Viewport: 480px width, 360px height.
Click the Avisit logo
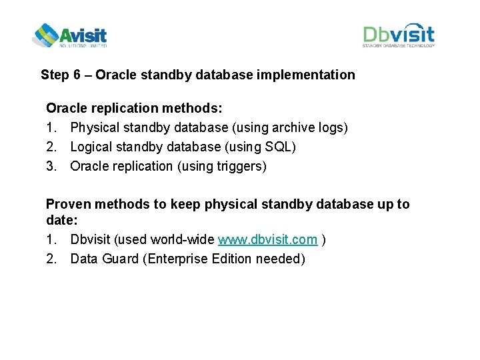click(x=69, y=35)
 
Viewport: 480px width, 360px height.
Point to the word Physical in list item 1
click(x=93, y=127)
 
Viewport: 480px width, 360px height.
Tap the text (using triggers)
click(x=221, y=166)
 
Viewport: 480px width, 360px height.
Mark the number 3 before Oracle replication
click(x=51, y=166)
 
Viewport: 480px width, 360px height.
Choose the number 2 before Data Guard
click(x=51, y=259)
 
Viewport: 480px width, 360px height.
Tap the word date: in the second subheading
click(x=63, y=219)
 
